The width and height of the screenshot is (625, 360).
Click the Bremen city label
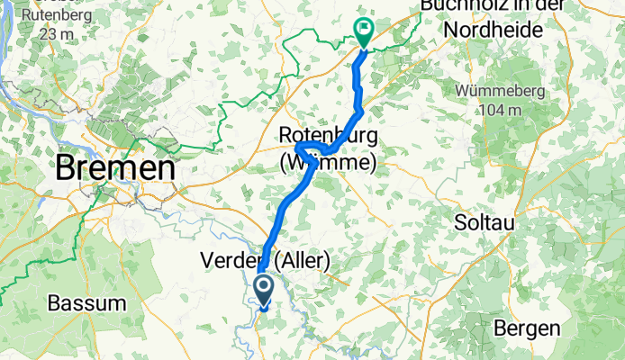tap(114, 168)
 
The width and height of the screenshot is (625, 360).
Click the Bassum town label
tap(86, 303)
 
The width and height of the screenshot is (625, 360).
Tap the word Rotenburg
tap(327, 134)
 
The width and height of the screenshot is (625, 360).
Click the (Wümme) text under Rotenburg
tap(326, 163)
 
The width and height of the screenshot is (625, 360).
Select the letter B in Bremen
tap(65, 168)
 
